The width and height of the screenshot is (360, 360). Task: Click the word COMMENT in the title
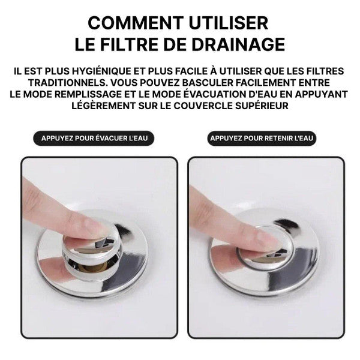[136, 23]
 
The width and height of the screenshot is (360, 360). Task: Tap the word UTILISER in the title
[229, 23]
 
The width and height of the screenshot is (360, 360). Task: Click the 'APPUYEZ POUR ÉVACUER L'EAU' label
[94, 138]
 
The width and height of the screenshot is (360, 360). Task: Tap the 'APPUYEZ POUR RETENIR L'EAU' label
[262, 138]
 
